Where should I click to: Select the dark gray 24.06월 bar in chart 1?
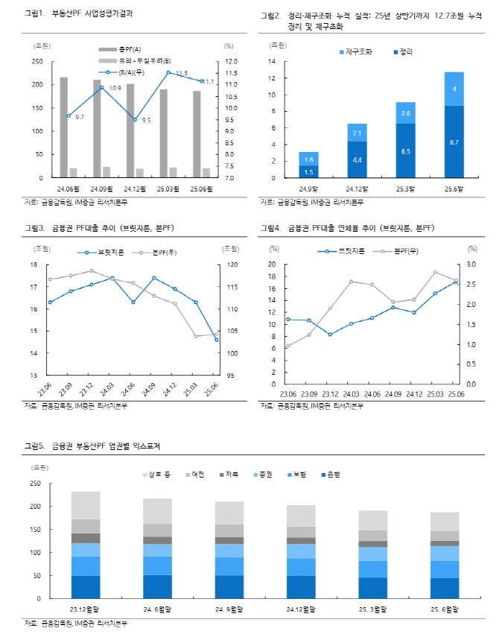[x=63, y=127]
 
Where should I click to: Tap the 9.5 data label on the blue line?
[x=146, y=120]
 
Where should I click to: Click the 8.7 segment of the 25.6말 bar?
[x=454, y=142]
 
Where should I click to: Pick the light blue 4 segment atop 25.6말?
[x=454, y=89]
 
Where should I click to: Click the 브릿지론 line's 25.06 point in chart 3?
[x=217, y=340]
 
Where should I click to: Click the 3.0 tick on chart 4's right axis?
[x=472, y=264]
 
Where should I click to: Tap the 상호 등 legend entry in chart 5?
[x=156, y=475]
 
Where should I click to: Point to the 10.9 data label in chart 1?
[x=115, y=88]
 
